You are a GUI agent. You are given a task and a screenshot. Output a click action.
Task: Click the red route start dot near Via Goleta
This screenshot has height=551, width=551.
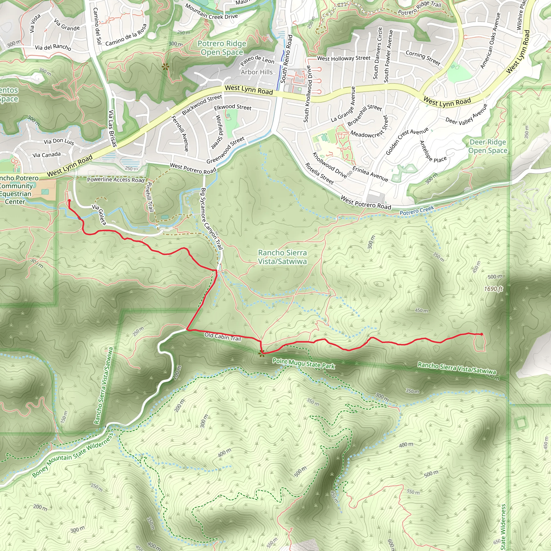[x=69, y=200]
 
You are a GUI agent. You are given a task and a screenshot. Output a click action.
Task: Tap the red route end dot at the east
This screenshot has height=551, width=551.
[x=482, y=334]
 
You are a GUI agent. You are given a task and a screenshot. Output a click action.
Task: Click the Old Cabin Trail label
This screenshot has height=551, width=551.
[x=223, y=337]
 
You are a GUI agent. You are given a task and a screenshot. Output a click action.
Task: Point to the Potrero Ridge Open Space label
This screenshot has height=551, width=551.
[x=222, y=48]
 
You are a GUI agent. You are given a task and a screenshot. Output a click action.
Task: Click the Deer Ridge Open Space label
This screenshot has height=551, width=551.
[x=488, y=146]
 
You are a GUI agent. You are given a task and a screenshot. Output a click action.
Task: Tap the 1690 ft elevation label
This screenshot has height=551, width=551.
[x=493, y=289]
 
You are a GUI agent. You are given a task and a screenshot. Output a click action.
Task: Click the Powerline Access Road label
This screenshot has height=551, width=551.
[x=115, y=180]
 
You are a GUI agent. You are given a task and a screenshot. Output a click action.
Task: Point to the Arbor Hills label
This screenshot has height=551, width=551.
[x=256, y=72]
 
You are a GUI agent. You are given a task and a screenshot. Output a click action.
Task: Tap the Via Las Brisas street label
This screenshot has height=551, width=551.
[x=112, y=128]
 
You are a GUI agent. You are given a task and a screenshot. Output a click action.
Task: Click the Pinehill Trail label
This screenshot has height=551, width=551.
[x=149, y=197]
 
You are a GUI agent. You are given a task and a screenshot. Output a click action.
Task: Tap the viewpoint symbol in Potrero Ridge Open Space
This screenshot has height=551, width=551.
[x=165, y=67]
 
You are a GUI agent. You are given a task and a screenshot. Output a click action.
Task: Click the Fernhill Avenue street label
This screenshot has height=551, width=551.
[x=180, y=133]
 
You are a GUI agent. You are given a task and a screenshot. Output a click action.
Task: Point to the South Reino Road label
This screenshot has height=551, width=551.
[x=287, y=59]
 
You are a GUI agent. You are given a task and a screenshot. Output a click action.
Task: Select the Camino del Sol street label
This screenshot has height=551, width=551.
[x=97, y=26]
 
